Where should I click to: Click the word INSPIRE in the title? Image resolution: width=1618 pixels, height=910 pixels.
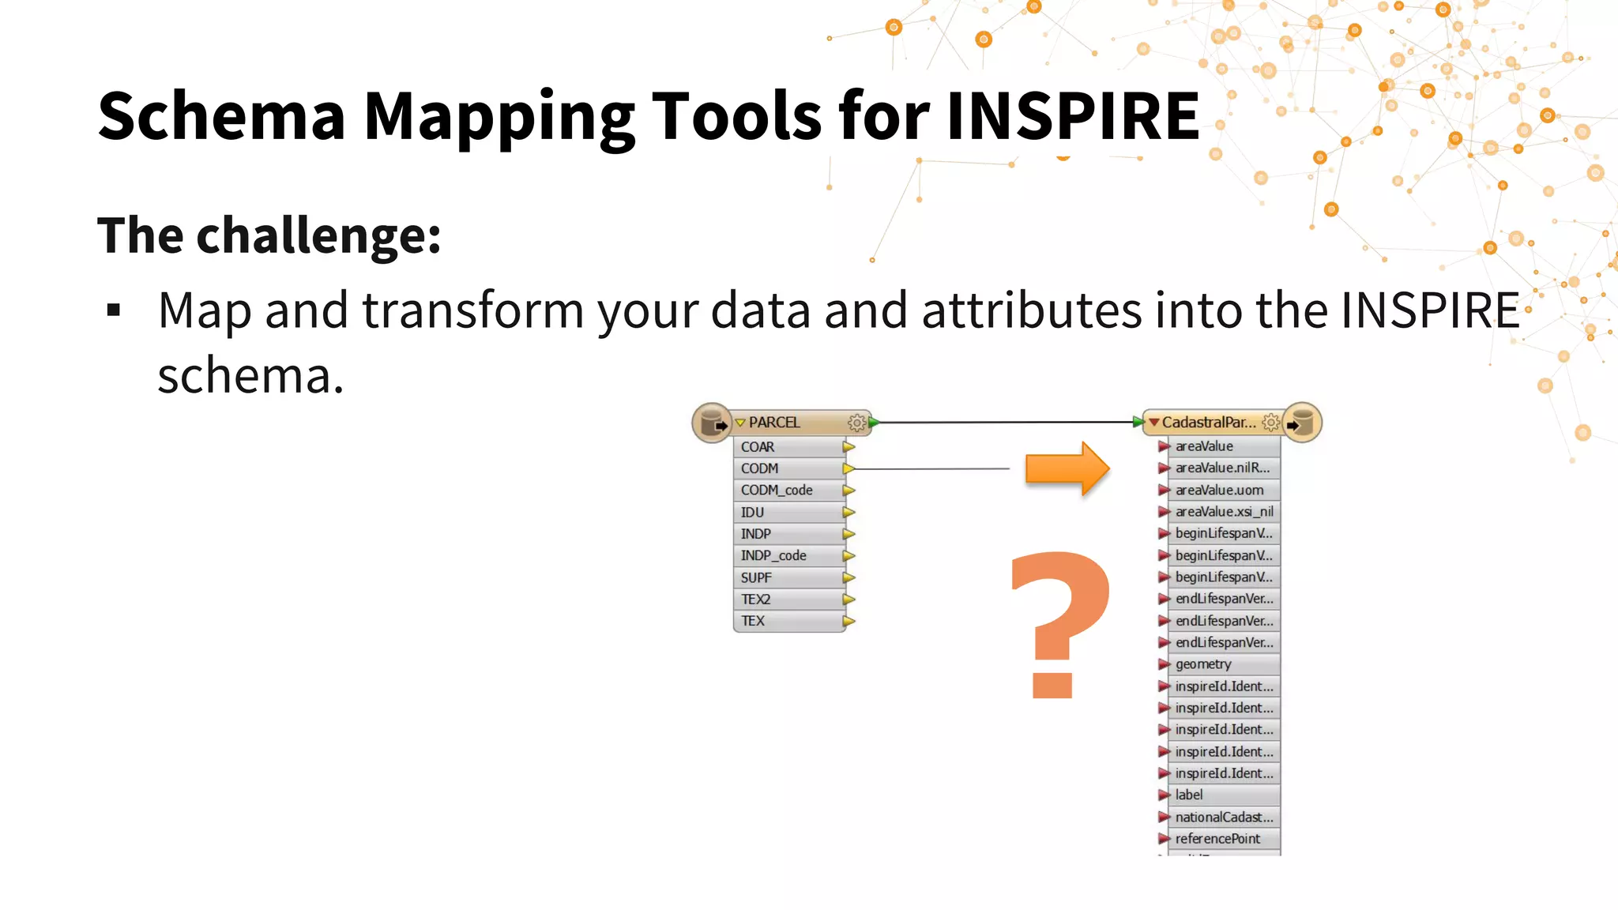1072,116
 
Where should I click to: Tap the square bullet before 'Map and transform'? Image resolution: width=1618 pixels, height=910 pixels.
114,310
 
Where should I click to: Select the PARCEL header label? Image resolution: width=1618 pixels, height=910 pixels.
774,423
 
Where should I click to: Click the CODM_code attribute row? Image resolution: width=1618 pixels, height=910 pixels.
777,491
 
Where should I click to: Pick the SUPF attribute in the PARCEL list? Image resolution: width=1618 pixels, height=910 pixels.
757,577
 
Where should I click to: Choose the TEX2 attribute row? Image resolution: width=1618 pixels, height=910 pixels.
756,600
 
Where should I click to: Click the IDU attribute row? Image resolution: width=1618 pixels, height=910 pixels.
753,513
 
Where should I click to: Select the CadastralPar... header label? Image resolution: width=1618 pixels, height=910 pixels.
1208,423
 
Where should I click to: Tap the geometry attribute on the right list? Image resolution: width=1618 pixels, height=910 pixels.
1203,664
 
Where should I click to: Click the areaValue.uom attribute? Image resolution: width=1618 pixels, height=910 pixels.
1219,491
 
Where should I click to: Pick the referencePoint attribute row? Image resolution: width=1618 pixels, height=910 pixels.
1217,839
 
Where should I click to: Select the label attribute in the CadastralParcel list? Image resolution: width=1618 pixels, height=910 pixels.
1189,795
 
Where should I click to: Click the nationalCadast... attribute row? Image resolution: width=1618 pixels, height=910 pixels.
1224,818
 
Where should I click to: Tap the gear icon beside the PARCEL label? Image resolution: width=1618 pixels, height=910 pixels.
856,423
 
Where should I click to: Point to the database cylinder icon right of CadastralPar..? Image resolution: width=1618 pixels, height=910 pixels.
1302,423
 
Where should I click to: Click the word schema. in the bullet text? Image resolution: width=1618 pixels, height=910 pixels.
250,376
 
